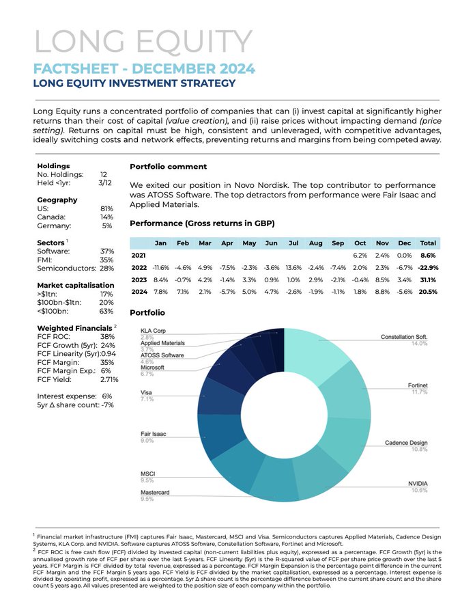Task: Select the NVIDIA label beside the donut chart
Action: tap(418, 484)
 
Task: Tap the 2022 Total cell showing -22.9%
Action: tap(428, 267)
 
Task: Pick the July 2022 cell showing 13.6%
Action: tap(293, 267)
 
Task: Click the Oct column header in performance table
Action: tap(360, 243)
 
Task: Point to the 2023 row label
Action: tap(139, 279)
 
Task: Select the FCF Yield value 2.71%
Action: tap(109, 379)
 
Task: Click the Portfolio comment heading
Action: tap(169, 166)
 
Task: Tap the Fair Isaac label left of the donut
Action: tap(153, 434)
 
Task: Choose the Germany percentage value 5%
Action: tap(107, 225)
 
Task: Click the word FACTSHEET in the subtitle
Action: tap(76, 68)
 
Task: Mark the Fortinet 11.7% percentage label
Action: tap(420, 392)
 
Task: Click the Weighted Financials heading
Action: tap(75, 328)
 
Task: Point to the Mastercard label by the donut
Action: tap(155, 492)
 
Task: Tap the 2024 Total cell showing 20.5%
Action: tap(428, 291)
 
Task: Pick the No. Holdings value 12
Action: tap(104, 174)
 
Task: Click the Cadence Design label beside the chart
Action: tap(406, 443)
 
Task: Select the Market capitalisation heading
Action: tap(76, 285)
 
